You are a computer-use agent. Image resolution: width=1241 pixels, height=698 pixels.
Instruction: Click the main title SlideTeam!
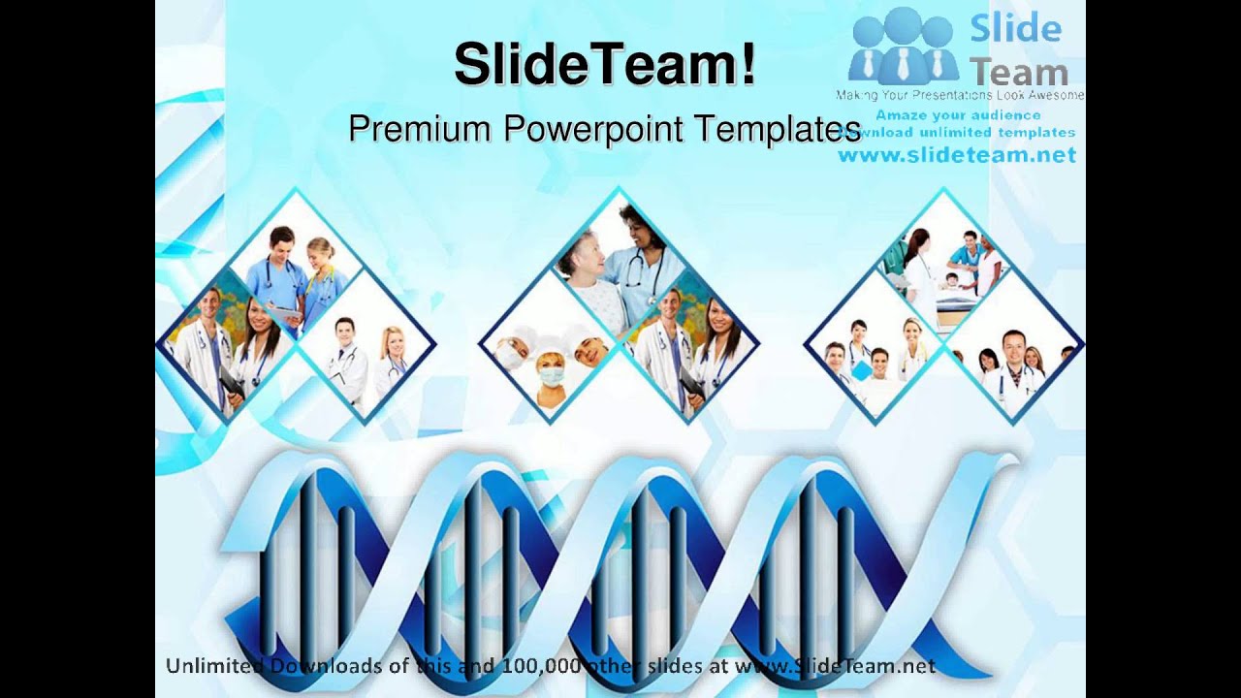604,66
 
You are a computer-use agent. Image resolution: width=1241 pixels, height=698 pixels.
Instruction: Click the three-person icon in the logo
903,47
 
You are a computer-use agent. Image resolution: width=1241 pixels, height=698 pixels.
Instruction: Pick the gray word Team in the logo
1019,72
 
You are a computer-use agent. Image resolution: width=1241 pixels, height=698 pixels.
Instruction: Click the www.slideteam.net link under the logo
957,155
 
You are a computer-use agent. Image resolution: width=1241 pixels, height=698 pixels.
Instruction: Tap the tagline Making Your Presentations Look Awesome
960,95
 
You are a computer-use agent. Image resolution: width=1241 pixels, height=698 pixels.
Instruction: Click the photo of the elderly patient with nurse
618,267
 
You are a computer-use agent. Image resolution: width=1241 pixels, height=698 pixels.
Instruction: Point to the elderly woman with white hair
588,268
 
